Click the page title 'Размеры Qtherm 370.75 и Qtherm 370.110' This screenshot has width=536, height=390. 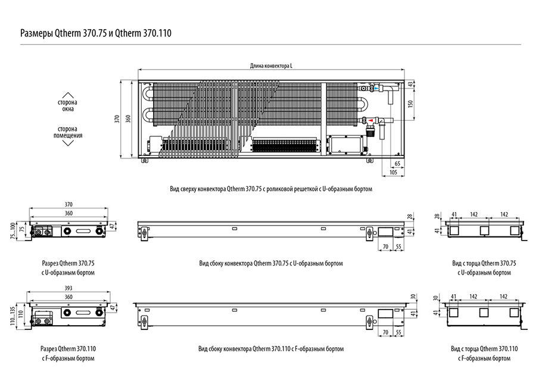(96, 33)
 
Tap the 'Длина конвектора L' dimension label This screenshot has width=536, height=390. (271, 66)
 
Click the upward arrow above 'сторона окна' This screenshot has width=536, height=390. (68, 95)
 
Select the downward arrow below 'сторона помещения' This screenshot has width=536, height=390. (68, 143)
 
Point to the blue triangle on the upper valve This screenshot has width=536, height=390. (376, 88)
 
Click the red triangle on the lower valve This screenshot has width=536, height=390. (370, 120)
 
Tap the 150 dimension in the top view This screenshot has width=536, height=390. (410, 104)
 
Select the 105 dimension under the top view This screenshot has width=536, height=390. (393, 173)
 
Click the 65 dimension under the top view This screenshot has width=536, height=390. (398, 164)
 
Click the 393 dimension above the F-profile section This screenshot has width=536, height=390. (68, 288)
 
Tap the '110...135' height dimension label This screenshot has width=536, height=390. (13, 316)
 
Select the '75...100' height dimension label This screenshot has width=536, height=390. (13, 230)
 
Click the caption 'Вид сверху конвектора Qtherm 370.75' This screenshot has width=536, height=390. (216, 189)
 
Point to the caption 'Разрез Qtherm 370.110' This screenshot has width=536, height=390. (68, 349)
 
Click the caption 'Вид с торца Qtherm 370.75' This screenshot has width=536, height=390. (484, 264)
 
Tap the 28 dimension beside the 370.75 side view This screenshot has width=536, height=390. (410, 217)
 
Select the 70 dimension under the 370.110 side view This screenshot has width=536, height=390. (385, 332)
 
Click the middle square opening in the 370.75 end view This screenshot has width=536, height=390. (484, 230)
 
